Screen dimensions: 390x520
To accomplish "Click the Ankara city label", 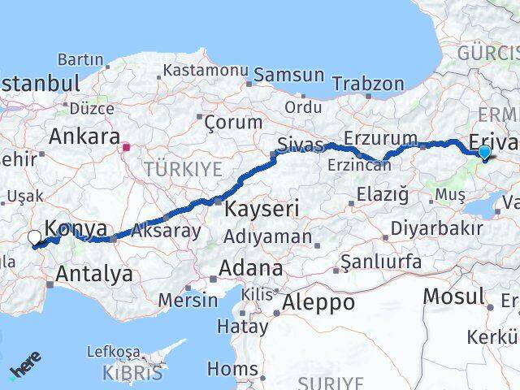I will pyautogui.click(x=84, y=136).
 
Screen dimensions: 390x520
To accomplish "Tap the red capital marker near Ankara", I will pyautogui.click(x=126, y=148).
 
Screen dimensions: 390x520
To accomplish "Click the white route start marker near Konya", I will pyautogui.click(x=34, y=238).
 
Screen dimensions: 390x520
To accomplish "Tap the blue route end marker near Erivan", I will pyautogui.click(x=484, y=151).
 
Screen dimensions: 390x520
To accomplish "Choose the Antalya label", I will pyautogui.click(x=96, y=274).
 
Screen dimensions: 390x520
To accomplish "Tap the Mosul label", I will pyautogui.click(x=454, y=296).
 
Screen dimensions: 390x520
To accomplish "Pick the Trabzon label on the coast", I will pyautogui.click(x=367, y=84).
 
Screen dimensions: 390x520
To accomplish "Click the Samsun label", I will pyautogui.click(x=288, y=75).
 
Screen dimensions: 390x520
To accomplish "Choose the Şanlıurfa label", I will pyautogui.click(x=381, y=262).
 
